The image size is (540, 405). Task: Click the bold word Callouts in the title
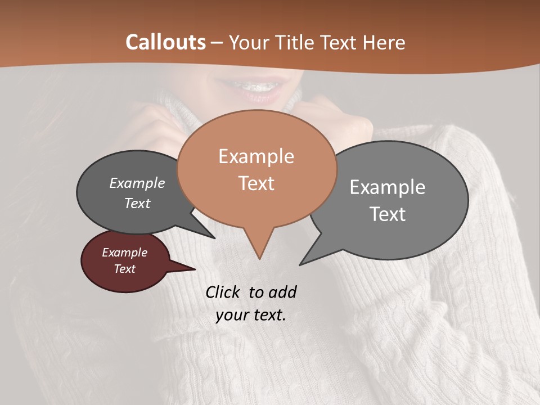pos(166,42)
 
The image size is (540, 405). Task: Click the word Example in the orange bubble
pos(256,156)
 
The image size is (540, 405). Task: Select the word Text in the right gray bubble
pos(388,214)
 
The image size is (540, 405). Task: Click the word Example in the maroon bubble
pos(124,253)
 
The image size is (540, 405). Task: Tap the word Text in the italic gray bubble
pos(137,204)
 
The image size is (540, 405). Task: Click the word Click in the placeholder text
pos(223,292)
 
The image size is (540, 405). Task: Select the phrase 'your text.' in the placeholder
pos(251,315)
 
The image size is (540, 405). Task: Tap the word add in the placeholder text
pos(282,292)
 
